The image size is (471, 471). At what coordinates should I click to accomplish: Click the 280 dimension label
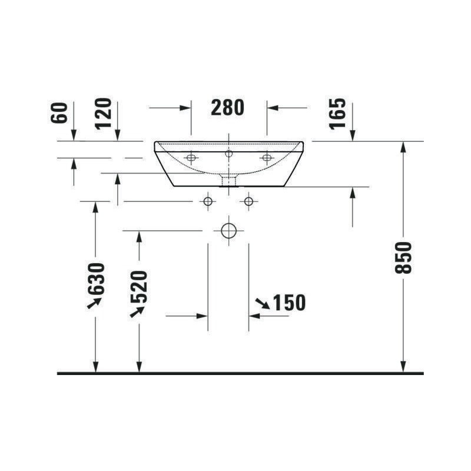[227, 108]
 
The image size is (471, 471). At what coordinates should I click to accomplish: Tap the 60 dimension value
[59, 112]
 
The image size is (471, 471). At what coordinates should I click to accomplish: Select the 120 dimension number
[103, 114]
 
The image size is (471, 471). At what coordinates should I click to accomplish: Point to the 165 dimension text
[337, 114]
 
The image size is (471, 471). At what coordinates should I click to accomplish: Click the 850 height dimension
[403, 258]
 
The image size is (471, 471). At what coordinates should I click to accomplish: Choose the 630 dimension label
[96, 278]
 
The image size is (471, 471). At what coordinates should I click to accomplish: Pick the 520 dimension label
[139, 287]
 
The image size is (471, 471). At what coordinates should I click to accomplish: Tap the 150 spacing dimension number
[289, 303]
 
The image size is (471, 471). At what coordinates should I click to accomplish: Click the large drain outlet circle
[228, 231]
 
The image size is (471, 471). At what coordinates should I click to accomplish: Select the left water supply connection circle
[208, 201]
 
